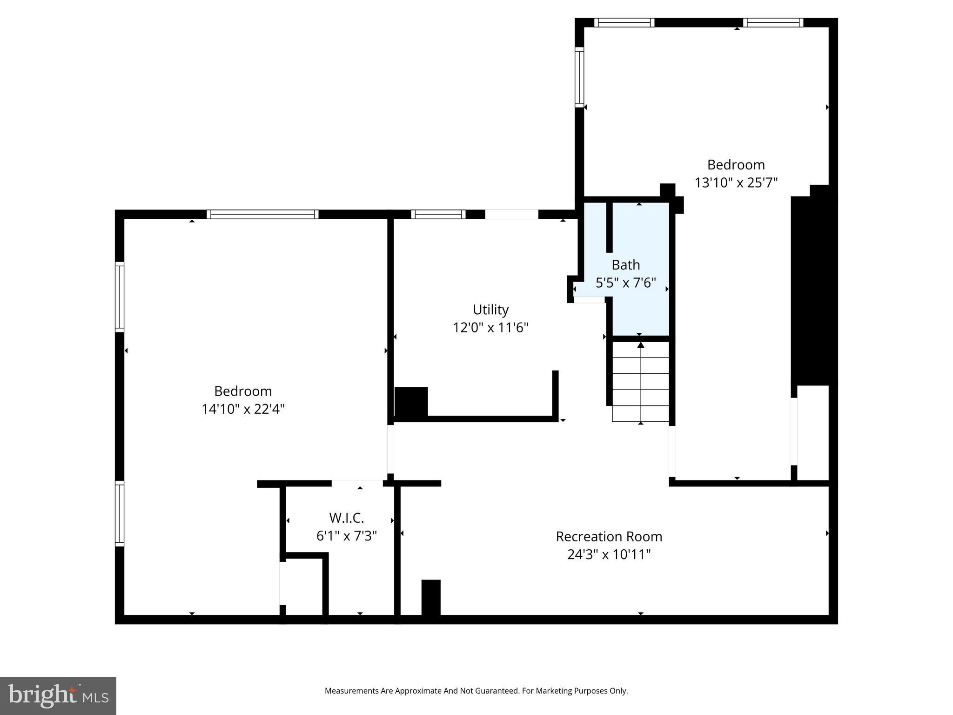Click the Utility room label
tap(490, 310)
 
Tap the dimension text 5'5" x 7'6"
tap(625, 283)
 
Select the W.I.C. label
tap(346, 518)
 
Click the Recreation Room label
tap(609, 537)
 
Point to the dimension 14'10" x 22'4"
tap(243, 409)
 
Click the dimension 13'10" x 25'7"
tap(736, 182)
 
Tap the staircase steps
tap(640, 382)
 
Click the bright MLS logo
tap(58, 695)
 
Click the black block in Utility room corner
tap(411, 402)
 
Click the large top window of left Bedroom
tap(262, 214)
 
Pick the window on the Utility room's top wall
tap(438, 214)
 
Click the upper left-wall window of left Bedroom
tap(120, 297)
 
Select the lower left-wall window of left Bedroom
tap(120, 513)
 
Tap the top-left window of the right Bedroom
tap(624, 22)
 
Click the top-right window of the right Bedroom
tap(773, 22)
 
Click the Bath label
tap(625, 265)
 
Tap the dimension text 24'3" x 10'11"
tap(609, 555)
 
